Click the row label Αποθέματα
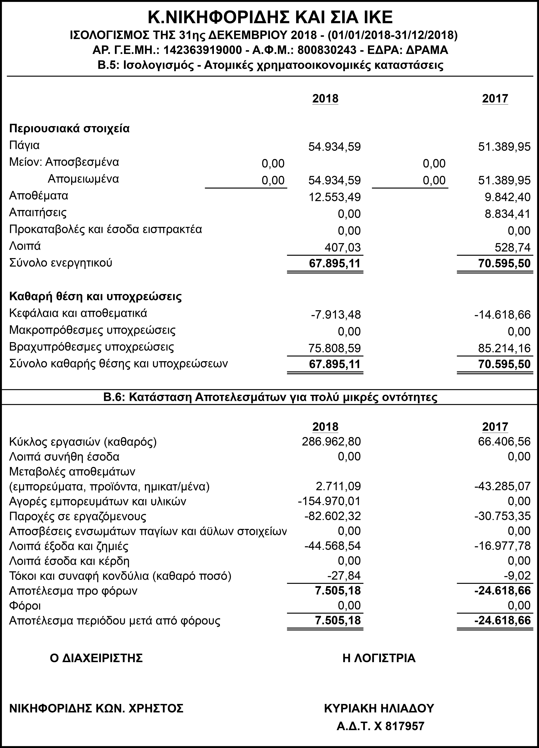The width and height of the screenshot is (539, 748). pos(39,196)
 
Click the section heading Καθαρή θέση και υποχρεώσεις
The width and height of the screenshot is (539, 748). pos(95,296)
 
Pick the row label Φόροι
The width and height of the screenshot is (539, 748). pos(25,605)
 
